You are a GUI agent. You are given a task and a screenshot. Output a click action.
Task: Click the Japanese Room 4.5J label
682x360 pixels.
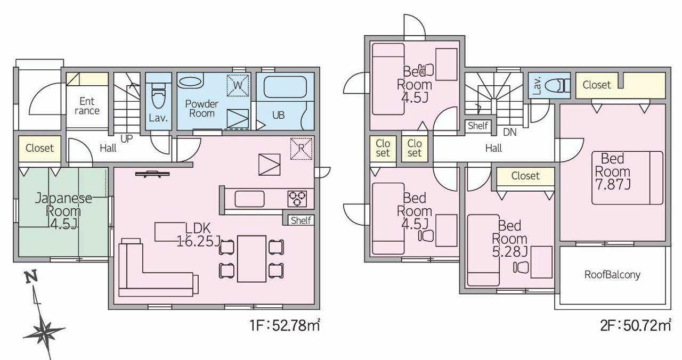click(63, 211)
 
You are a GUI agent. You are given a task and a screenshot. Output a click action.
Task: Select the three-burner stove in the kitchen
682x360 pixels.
click(297, 199)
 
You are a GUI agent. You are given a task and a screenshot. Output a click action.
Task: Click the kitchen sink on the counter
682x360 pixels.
click(249, 199)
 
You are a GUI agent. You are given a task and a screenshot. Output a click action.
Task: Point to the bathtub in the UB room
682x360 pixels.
click(285, 87)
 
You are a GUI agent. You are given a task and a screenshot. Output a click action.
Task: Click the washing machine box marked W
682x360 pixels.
click(238, 86)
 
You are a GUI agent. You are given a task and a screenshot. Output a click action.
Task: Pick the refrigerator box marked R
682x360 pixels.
click(301, 149)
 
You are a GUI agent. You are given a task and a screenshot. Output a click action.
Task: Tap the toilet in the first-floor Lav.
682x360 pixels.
click(158, 95)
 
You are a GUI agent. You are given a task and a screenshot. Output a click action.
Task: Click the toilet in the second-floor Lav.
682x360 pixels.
click(557, 86)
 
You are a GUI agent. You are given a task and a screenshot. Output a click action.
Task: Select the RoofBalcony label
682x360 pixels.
click(612, 275)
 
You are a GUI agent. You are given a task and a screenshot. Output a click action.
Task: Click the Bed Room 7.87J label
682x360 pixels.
click(613, 171)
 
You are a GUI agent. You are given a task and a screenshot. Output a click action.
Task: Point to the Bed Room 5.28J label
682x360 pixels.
click(510, 239)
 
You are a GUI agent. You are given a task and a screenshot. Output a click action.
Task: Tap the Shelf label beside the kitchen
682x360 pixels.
click(301, 220)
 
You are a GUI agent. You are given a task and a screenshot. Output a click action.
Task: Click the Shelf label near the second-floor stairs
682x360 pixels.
click(478, 125)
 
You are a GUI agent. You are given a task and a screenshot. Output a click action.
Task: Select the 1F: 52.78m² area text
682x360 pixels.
click(285, 325)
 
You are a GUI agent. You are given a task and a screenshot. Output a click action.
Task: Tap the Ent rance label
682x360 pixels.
click(87, 106)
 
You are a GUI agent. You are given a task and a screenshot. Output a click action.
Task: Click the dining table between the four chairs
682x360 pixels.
click(252, 259)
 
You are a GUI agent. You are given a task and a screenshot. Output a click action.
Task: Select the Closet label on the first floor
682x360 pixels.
click(39, 148)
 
